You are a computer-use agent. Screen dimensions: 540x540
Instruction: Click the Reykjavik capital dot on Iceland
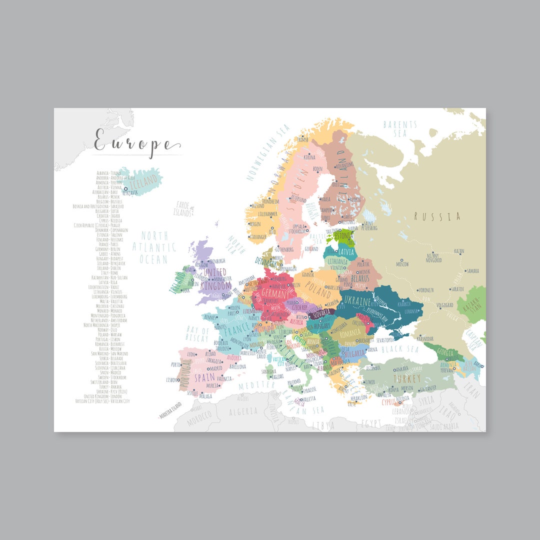pyautogui.click(x=125, y=188)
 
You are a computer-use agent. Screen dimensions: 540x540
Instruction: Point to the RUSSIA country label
pyautogui.click(x=437, y=216)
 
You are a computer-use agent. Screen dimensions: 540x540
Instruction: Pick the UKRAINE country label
pyautogui.click(x=356, y=302)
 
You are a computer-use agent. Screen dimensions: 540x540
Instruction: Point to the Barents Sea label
pyautogui.click(x=400, y=128)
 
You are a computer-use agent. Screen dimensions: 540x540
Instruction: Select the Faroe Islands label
pyautogui.click(x=182, y=209)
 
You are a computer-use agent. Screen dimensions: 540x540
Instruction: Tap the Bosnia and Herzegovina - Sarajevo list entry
pyautogui.click(x=98, y=206)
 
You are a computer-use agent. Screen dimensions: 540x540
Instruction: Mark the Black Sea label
pyautogui.click(x=399, y=349)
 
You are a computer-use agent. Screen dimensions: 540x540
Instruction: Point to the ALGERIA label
pyautogui.click(x=243, y=411)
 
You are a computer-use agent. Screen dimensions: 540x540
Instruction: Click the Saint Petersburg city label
pyautogui.click(x=369, y=225)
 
